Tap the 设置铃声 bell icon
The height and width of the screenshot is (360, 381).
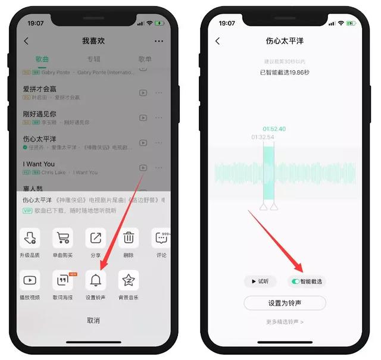[96, 279]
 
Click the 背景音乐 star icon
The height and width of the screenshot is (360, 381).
[129, 279]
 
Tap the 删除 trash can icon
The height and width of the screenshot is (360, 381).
[129, 238]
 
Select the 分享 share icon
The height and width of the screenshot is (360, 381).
[96, 238]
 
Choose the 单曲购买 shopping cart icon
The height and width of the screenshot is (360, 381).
[63, 238]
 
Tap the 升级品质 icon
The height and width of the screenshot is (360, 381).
[30, 238]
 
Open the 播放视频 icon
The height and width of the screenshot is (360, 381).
[30, 279]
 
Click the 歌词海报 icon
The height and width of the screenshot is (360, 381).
[63, 279]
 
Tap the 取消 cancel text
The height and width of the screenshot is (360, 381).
[93, 320]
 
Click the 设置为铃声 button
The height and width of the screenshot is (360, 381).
[285, 303]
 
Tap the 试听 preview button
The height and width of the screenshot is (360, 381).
[260, 281]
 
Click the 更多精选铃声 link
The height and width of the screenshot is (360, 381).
[285, 322]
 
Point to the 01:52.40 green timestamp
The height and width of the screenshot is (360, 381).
[274, 129]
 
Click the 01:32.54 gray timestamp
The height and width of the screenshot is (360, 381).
[263, 137]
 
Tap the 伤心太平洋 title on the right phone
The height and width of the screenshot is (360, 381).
[285, 41]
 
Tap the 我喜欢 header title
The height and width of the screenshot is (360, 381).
[93, 41]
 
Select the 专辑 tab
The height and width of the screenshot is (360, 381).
[93, 60]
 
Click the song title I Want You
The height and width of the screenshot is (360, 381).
[39, 164]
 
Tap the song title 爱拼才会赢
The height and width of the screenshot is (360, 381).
[40, 89]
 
